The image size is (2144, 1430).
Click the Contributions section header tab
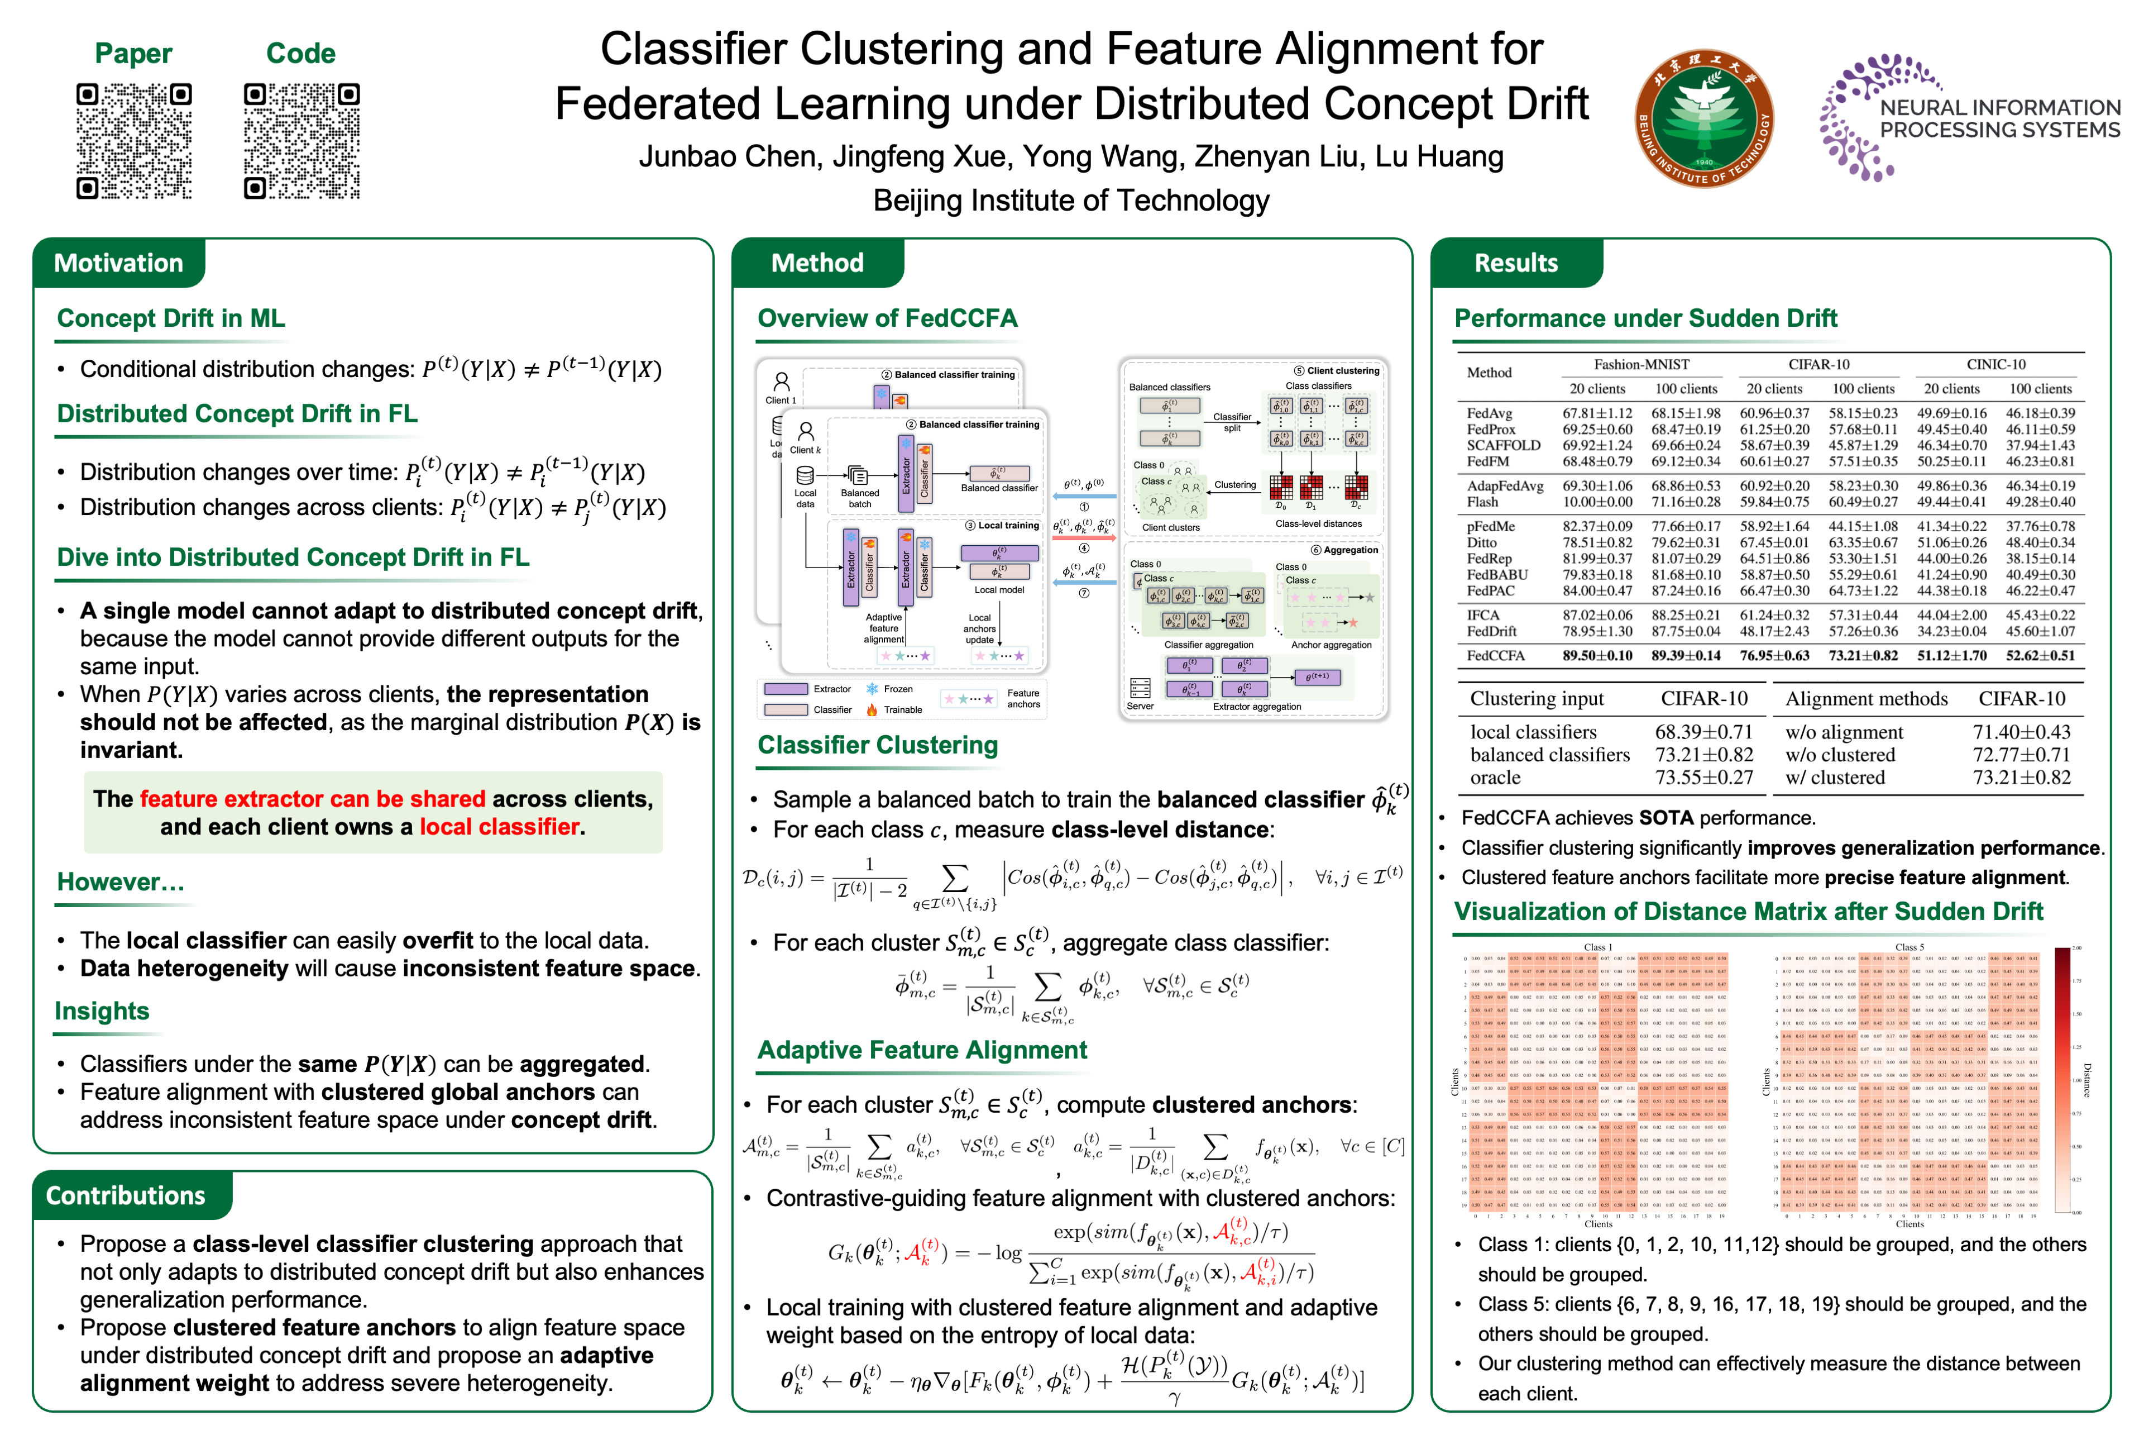pos(126,1195)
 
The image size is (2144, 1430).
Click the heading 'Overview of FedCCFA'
pos(887,318)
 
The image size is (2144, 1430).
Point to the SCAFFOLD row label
pos(1503,445)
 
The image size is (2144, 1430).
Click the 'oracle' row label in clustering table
pos(1495,778)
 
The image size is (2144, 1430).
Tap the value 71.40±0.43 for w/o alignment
pos(2021,732)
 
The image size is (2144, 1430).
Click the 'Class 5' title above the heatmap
pos(1909,947)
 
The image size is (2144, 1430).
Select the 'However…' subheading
pos(121,882)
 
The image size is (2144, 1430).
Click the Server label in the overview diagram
pos(1140,706)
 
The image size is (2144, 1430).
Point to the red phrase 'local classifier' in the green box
pos(499,827)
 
